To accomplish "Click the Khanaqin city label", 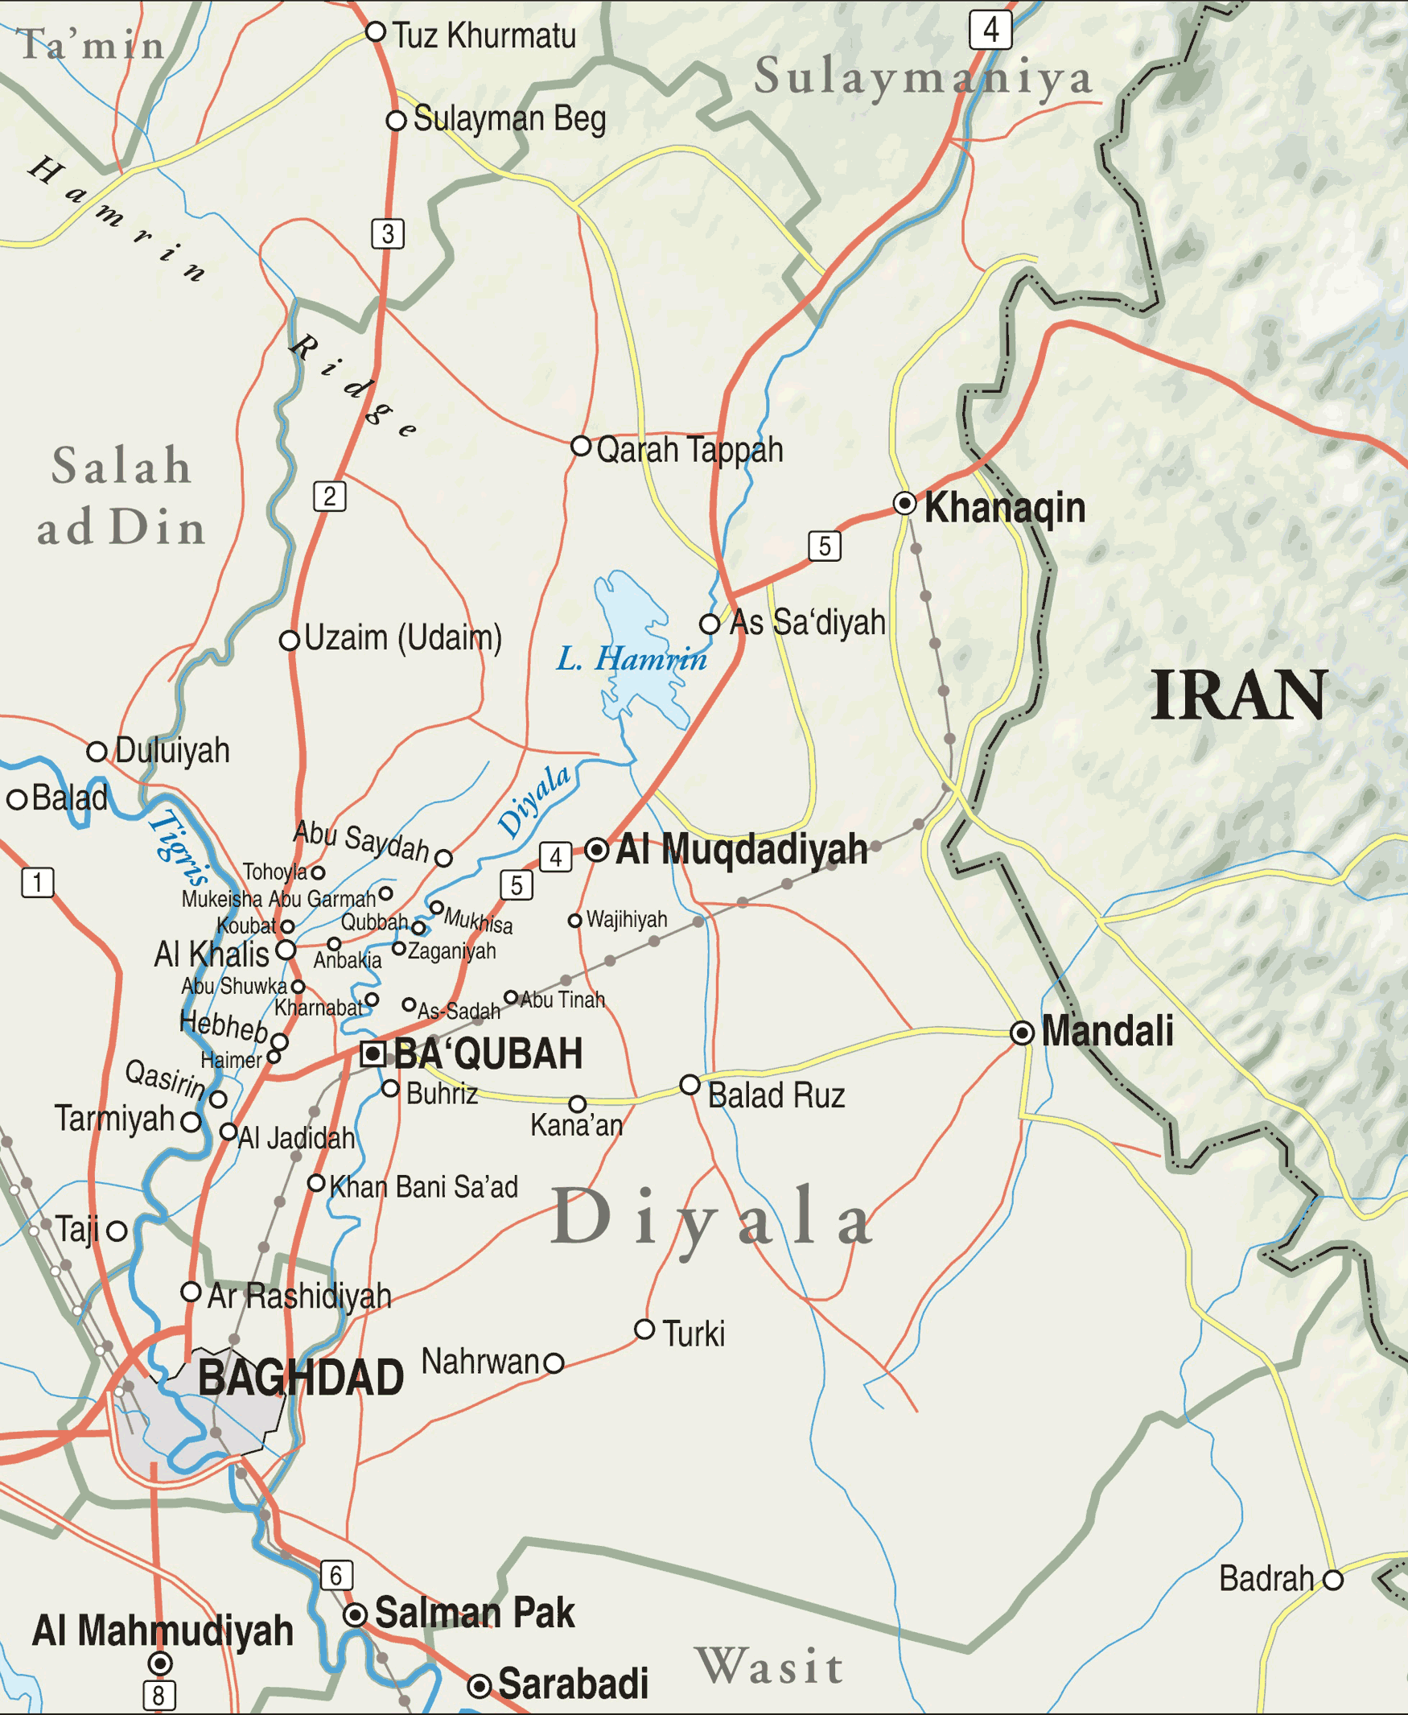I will (x=1004, y=508).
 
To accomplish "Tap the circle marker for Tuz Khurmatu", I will (x=375, y=31).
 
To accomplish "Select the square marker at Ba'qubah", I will (x=373, y=1053).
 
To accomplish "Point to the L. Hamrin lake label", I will (x=631, y=659).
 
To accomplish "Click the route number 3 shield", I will (x=388, y=233).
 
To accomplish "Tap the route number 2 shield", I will (x=329, y=496).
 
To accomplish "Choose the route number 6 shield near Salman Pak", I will (x=336, y=1576).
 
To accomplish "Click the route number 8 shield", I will (x=159, y=1695).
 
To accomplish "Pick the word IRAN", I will (x=1237, y=696).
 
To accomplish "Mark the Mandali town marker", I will (x=1022, y=1033).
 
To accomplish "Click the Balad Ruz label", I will (x=776, y=1096).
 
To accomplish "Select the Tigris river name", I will (x=179, y=847).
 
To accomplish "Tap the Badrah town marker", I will (x=1332, y=1580).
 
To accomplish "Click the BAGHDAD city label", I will (x=300, y=1378).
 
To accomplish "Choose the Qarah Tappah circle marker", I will (x=581, y=445).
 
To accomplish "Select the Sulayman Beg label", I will (x=509, y=119).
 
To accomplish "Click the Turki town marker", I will (x=644, y=1330).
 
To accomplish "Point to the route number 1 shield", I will (x=37, y=882).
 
